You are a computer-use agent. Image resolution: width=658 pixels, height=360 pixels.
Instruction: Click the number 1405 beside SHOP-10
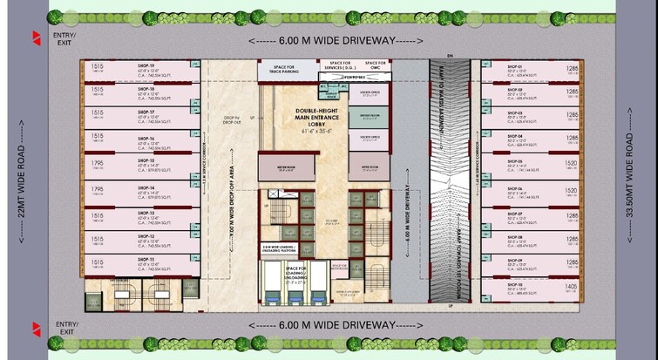[572, 286]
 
